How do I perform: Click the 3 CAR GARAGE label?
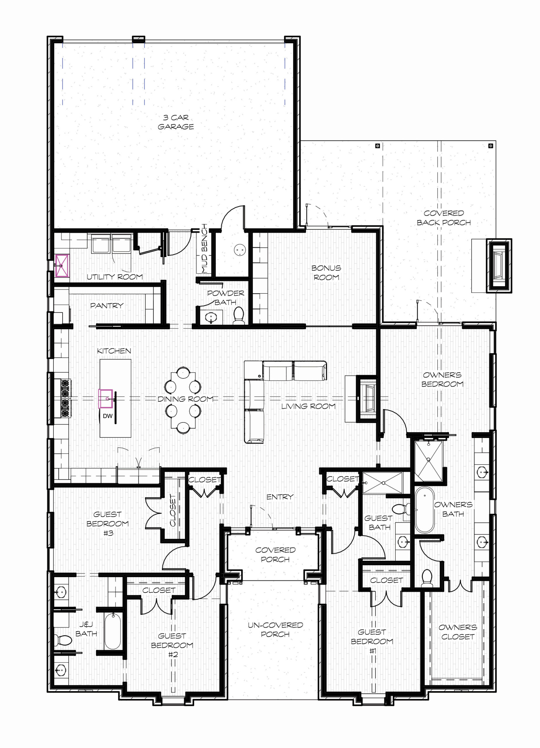pos(176,122)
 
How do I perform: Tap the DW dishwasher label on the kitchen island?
pos(108,416)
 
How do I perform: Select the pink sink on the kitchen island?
pos(105,399)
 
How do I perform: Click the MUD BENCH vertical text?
pos(204,248)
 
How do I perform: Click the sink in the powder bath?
pos(210,318)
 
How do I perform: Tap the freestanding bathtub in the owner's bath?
pos(425,510)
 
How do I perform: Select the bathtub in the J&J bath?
pos(113,631)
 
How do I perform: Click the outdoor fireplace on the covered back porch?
pos(499,265)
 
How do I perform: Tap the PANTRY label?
pos(107,305)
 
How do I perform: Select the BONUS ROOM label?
pos(327,272)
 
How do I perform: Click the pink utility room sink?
pos(62,266)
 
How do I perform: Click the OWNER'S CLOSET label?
pos(458,632)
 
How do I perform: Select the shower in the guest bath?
pos(383,483)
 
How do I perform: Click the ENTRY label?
pos(279,497)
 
